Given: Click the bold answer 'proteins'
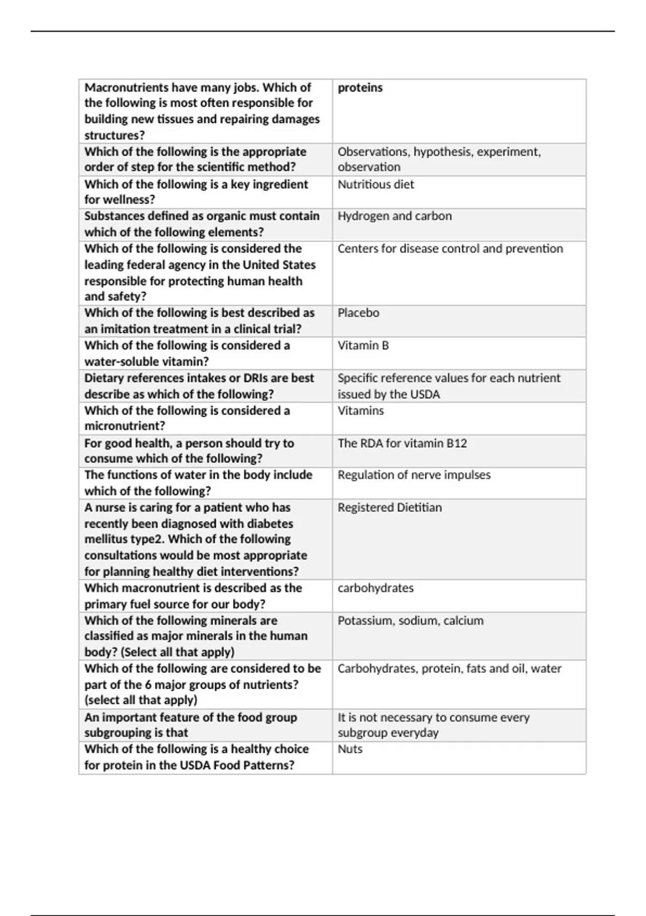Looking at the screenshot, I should (360, 87).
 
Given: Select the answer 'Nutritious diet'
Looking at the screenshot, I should (376, 184).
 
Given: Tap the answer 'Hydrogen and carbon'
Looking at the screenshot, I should (395, 216).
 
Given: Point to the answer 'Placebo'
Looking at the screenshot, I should (359, 313).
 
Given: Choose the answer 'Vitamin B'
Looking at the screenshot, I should (363, 345).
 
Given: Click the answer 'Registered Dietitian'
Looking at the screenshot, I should (390, 508).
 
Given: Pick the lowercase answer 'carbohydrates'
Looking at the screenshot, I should (376, 588).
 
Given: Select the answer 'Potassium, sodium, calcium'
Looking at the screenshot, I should (411, 621).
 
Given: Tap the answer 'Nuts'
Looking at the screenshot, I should (350, 749).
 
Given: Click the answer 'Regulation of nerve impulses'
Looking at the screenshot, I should (414, 475).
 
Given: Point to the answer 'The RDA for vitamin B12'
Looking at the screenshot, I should (402, 443).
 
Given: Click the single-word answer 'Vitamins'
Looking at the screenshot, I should (361, 411).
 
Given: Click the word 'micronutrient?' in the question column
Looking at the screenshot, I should (125, 426).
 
